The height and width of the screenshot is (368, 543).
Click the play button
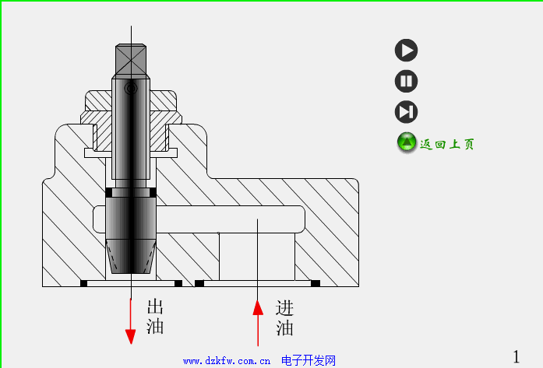[406, 51]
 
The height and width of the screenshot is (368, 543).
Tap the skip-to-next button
[406, 111]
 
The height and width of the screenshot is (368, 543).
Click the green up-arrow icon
[407, 142]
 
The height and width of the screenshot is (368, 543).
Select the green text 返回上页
[447, 144]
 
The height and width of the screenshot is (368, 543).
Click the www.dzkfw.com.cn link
[227, 361]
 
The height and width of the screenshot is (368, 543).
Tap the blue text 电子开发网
[309, 361]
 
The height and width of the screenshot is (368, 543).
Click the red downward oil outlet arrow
[131, 327]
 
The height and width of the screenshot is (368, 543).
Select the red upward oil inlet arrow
[258, 319]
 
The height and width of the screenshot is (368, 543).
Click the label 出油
[155, 316]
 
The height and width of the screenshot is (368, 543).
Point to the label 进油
[284, 317]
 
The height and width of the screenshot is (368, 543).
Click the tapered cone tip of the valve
[131, 257]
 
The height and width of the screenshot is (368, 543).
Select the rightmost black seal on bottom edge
[316, 283]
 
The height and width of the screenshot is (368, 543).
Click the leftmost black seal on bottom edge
[83, 283]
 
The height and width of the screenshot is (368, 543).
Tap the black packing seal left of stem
[108, 192]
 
